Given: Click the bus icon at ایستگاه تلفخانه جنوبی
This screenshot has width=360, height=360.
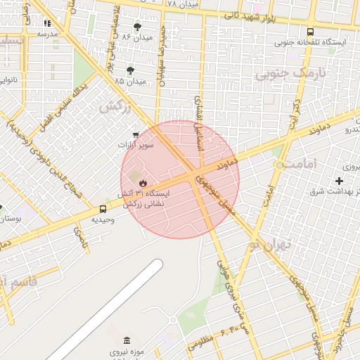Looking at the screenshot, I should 311,32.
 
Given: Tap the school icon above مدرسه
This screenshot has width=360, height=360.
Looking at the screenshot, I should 47,23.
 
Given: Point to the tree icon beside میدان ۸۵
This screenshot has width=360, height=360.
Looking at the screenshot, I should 131,70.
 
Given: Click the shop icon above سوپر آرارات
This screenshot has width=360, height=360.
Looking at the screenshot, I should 136,134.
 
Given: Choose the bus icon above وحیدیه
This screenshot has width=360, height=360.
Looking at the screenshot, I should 103,209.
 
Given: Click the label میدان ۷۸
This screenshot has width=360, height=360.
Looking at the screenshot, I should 182,4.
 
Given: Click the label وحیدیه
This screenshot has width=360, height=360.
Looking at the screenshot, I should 103,219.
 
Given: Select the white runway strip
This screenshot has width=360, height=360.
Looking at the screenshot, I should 105,309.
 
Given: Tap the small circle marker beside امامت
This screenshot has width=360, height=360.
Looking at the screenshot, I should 280,165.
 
